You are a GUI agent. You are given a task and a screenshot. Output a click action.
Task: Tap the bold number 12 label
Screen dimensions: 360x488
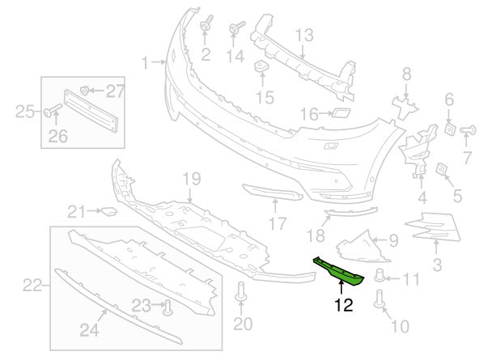coord(343,306)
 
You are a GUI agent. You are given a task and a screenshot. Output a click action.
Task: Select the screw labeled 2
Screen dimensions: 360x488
coord(205,28)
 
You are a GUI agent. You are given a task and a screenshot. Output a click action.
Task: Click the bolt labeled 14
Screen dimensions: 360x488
coord(235,29)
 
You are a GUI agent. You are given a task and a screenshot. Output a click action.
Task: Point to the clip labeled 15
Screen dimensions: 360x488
coord(263,68)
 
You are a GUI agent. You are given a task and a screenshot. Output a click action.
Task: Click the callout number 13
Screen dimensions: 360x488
coord(303,35)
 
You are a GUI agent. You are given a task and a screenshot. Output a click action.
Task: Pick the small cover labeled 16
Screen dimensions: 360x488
coord(339,114)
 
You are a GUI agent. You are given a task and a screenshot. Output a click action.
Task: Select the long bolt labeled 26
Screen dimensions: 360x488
coord(52,110)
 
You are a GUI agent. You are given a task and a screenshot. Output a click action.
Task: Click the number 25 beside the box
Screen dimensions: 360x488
coord(24,109)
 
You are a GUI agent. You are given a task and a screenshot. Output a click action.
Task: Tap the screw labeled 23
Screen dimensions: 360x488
coord(167,305)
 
